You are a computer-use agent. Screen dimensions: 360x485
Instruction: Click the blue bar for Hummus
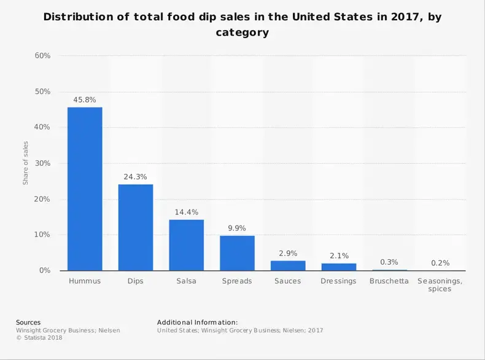tap(85, 189)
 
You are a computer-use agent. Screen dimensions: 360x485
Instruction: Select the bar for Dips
tap(136, 227)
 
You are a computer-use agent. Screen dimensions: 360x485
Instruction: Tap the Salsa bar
tap(187, 245)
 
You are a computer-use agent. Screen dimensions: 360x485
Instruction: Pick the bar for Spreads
tap(237, 253)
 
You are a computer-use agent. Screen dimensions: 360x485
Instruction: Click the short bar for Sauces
tap(288, 265)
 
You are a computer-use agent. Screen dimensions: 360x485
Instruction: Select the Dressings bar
tap(339, 267)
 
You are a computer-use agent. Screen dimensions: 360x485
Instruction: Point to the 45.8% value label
tap(85, 99)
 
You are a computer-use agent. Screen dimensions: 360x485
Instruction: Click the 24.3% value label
tap(136, 176)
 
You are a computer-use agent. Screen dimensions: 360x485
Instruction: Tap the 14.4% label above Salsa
tap(187, 212)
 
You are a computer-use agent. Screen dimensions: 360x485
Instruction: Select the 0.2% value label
tap(440, 263)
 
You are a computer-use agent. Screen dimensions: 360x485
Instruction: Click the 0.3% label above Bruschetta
tap(389, 262)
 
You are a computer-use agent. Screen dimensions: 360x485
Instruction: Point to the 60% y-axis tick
tap(42, 56)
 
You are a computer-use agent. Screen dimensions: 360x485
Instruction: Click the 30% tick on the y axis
tap(42, 163)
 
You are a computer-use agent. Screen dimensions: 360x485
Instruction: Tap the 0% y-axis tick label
tap(44, 271)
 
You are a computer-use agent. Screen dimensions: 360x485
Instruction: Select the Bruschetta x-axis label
tap(389, 281)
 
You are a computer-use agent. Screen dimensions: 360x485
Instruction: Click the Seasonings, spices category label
tap(440, 285)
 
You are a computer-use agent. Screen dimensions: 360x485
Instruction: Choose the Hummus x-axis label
tap(85, 281)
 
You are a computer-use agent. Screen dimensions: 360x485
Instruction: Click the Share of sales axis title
tap(26, 163)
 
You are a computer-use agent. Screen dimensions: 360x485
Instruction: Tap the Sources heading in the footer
tap(28, 323)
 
